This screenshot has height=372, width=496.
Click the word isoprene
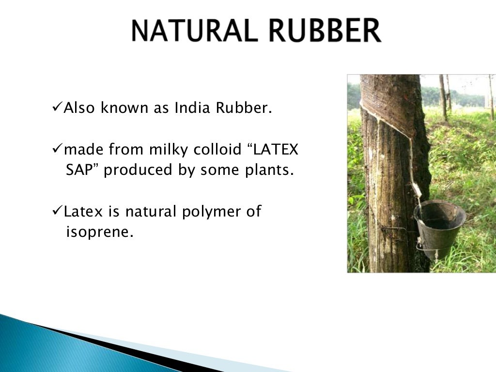pos(99,232)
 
